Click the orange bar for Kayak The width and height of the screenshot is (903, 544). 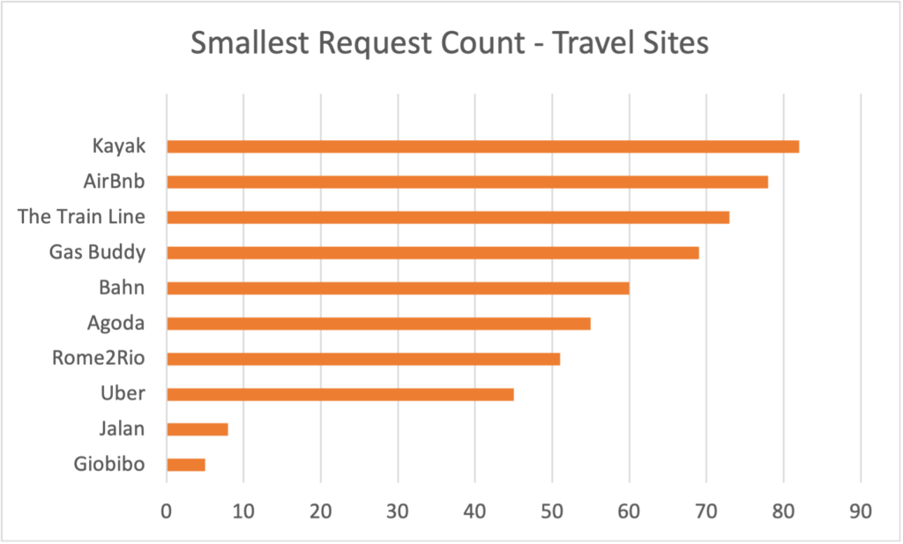482,146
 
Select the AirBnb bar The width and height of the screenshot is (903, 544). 466,182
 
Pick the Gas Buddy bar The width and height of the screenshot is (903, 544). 432,252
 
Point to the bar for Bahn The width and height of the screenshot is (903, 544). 397,287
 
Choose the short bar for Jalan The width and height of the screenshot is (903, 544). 197,429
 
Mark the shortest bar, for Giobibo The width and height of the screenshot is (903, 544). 185,465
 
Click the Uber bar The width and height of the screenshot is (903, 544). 340,394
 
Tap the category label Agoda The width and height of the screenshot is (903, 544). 116,323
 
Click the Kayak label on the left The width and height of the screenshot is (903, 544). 118,145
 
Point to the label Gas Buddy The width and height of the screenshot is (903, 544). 97,252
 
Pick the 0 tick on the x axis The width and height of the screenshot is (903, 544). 166,512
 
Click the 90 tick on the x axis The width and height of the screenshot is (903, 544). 860,512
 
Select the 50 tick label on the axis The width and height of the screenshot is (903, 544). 552,512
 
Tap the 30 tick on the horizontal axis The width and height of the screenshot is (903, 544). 398,512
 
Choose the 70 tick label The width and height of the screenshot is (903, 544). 705,512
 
